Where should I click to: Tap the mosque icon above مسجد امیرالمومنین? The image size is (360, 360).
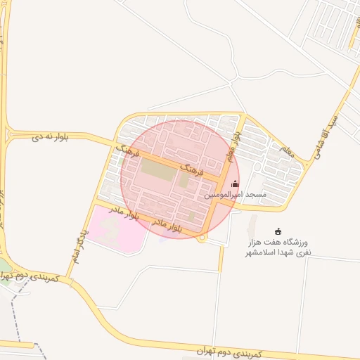pos(235,184)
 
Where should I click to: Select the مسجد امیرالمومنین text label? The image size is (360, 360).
pos(236,194)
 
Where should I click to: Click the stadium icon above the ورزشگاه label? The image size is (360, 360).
pos(278,231)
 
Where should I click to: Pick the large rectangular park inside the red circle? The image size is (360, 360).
pos(158,171)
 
